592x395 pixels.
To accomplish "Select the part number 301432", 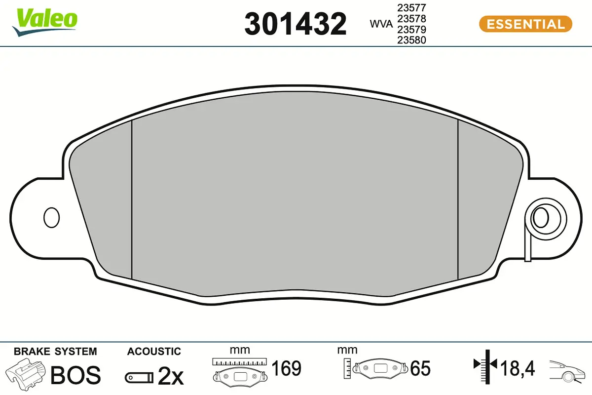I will [296, 24].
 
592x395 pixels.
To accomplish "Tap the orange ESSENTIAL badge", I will [525, 24].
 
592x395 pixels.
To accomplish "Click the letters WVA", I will [379, 24].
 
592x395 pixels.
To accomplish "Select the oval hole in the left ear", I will [51, 217].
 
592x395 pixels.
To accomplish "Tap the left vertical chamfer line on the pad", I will [132, 200].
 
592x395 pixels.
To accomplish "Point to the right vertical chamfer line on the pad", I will [458, 200].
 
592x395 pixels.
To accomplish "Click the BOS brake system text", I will [76, 375].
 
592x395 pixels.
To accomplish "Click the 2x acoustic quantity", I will [170, 377].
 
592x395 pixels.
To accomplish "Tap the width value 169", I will [287, 368].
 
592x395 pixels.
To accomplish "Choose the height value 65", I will [420, 368].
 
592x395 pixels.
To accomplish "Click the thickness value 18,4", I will [518, 368].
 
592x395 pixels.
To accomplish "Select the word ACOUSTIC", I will [154, 352].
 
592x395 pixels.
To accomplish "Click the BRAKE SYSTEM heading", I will [55, 352].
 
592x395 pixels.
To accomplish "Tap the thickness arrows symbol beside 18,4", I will [486, 365].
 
